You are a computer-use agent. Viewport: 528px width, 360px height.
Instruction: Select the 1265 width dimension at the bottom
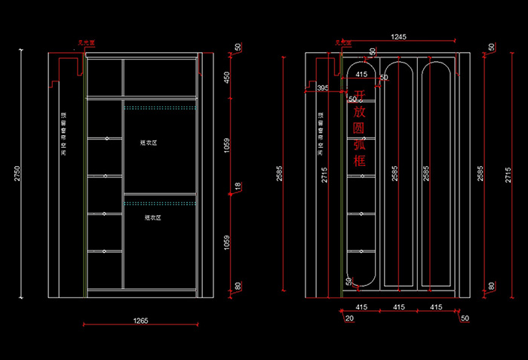point(140,321)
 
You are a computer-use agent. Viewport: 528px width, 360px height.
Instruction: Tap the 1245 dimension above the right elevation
point(398,36)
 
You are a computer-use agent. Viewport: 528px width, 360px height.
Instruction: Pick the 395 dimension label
point(323,88)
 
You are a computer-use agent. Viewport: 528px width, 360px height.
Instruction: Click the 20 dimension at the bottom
point(348,318)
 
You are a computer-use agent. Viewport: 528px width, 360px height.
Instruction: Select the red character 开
point(360,95)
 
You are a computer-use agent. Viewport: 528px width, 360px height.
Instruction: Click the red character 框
point(360,161)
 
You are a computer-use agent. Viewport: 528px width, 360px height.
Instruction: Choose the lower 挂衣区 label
point(153,217)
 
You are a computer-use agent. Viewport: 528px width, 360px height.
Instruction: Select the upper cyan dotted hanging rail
point(160,108)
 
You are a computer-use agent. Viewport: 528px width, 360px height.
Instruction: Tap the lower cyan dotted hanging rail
point(160,203)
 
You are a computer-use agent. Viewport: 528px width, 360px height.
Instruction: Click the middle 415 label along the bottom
point(398,307)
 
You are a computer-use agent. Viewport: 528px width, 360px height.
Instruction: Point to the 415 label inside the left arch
point(361,74)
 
